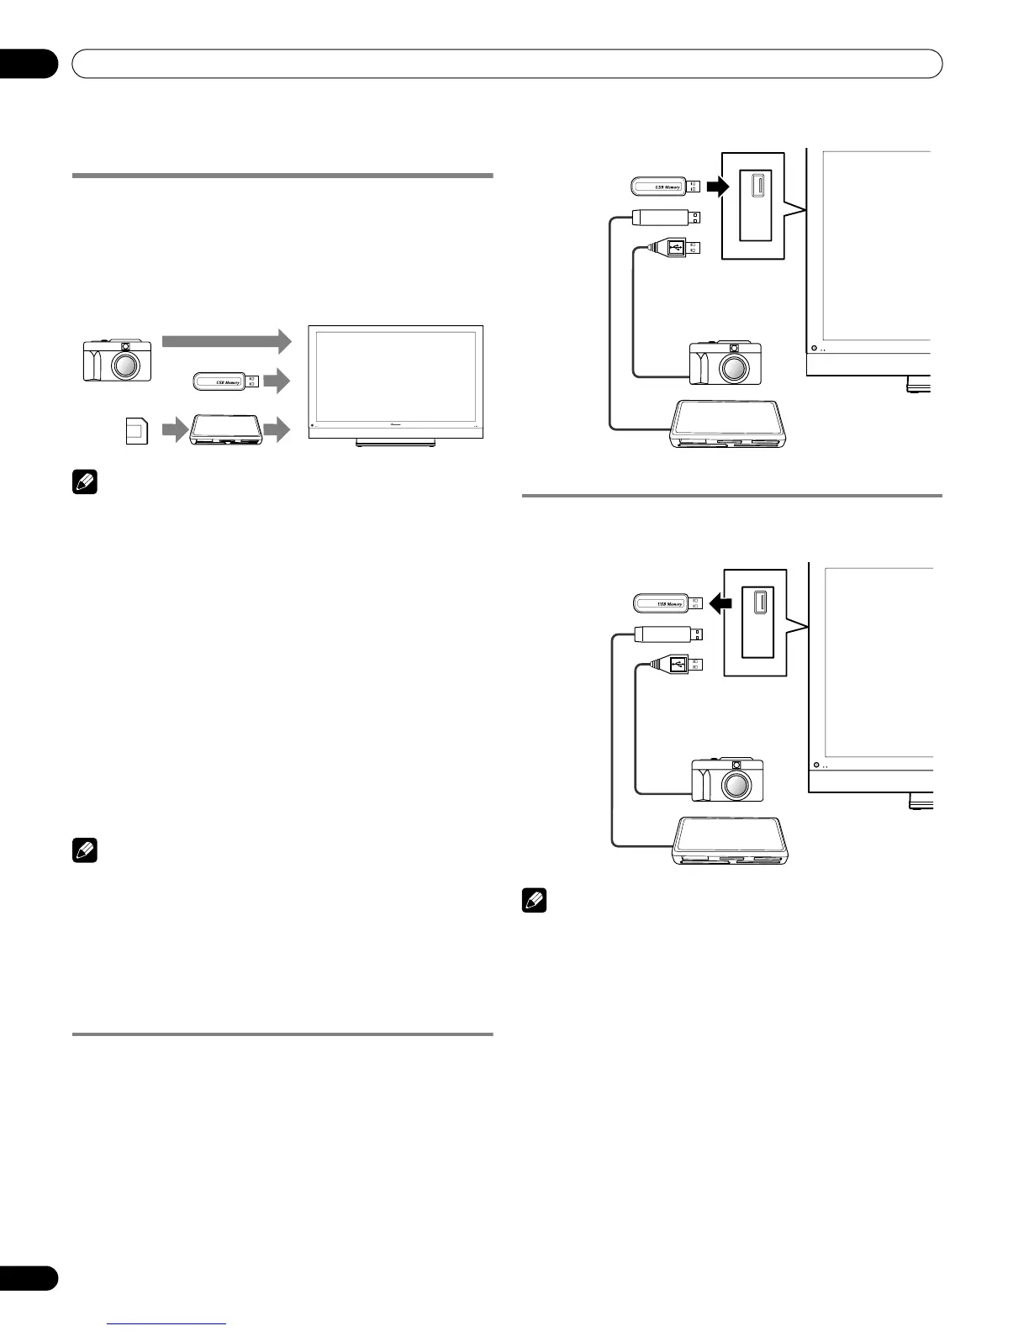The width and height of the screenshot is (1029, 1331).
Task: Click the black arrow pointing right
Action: (x=715, y=187)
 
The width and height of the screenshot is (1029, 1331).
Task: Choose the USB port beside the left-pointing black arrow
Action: (x=760, y=602)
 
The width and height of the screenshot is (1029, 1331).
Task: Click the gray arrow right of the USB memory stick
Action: (x=277, y=381)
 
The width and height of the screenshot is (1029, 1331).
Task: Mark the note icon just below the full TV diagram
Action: (x=85, y=483)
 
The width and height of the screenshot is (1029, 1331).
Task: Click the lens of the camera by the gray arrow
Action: (x=125, y=366)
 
